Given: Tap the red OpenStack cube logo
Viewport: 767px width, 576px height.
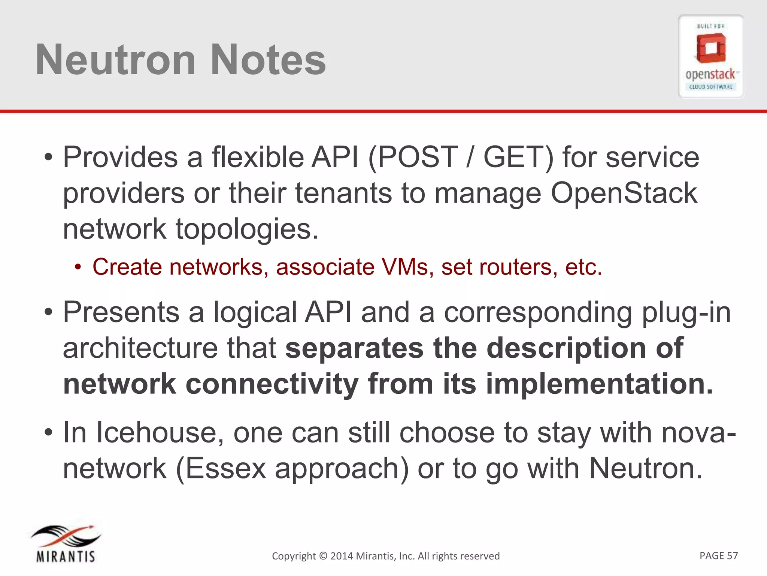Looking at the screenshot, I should tap(711, 48).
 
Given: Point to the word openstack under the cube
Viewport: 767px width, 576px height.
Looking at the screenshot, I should tap(710, 74).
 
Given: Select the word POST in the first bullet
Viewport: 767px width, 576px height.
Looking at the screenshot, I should tap(418, 157).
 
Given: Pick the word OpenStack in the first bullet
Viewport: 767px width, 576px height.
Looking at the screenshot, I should tap(624, 193).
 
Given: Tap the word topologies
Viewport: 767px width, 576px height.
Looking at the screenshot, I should tap(247, 229).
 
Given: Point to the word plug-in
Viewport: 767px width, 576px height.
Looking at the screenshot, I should tap(686, 312).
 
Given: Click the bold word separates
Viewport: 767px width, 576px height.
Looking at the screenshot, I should tap(354, 348).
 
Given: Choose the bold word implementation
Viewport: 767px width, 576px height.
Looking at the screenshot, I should tap(599, 384).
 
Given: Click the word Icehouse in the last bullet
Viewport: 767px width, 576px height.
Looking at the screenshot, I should tap(157, 433).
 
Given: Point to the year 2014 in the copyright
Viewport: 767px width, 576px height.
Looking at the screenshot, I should tap(342, 556).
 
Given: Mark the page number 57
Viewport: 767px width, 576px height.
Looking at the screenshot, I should tap(732, 555).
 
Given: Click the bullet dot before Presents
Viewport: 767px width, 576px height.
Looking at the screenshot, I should tap(48, 312).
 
